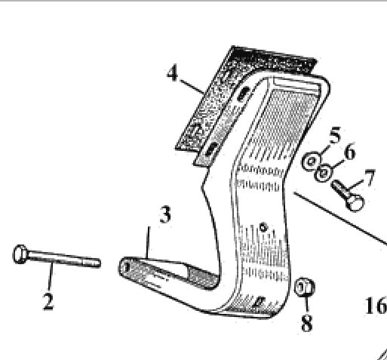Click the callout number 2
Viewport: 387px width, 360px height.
click(48, 301)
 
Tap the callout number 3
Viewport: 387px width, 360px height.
click(165, 214)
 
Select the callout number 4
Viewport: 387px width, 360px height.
click(173, 73)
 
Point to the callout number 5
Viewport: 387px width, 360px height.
click(335, 135)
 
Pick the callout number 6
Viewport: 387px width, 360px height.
click(350, 151)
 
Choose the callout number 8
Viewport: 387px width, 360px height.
click(307, 322)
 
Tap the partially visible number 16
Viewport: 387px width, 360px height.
click(376, 305)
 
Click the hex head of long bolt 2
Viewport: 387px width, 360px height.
click(20, 254)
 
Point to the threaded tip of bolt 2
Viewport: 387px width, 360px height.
click(92, 263)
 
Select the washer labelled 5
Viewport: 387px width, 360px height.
click(312, 162)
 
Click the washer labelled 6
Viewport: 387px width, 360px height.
click(323, 173)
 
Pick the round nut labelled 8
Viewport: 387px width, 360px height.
click(304, 287)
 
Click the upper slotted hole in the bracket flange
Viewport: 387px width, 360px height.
click(243, 94)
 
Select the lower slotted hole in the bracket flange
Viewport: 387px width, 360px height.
click(212, 149)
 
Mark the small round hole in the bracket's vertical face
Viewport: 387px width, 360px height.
click(263, 227)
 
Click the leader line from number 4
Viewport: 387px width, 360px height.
click(192, 87)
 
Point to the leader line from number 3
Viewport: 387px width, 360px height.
click(149, 242)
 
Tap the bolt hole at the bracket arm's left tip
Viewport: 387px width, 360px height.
click(127, 267)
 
